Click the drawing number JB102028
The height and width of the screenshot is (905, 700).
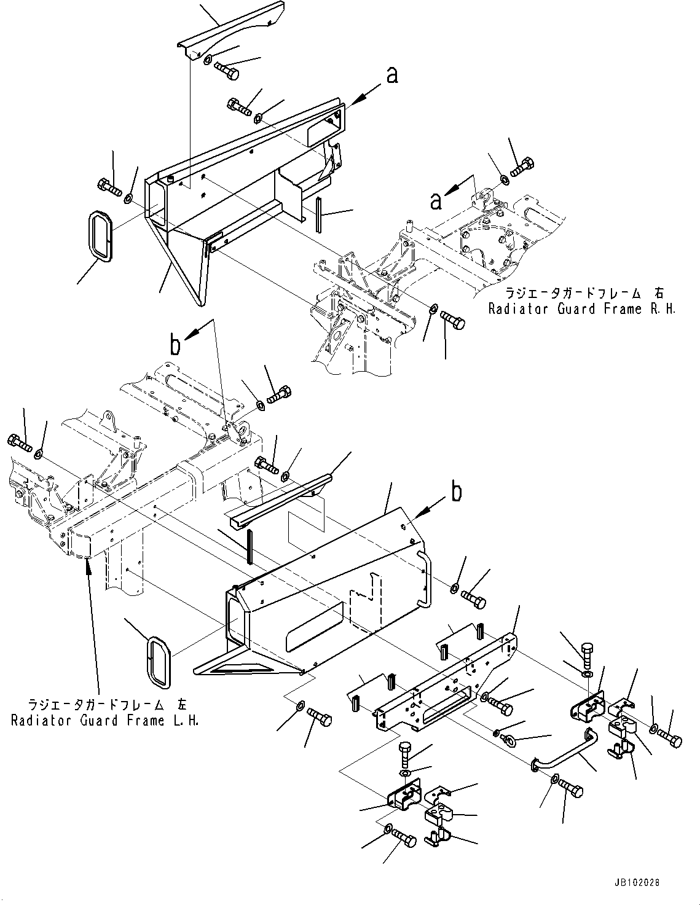pos(637,882)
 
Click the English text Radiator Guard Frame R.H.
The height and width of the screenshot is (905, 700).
pos(581,308)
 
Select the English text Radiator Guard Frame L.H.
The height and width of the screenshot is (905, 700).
pos(105,720)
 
